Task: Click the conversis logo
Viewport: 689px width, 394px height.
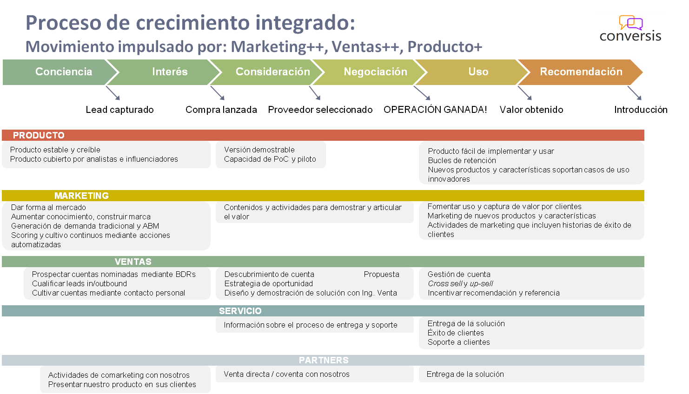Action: [630, 29]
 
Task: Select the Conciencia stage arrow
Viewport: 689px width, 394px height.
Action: [64, 72]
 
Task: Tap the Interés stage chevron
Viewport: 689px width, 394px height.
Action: [170, 72]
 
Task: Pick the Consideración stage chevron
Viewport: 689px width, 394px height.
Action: [273, 72]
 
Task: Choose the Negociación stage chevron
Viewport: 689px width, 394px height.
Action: [375, 72]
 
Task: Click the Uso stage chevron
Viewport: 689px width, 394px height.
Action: [478, 72]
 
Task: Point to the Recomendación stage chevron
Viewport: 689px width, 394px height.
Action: [581, 72]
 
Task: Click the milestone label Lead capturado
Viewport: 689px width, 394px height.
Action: [119, 110]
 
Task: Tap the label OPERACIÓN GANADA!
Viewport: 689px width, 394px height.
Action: [435, 110]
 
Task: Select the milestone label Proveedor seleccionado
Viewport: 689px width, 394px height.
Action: [320, 110]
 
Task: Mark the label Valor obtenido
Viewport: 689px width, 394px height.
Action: [531, 110]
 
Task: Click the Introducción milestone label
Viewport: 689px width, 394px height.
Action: [641, 110]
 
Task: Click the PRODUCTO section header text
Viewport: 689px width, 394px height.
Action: [39, 136]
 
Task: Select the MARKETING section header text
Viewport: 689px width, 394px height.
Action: [81, 196]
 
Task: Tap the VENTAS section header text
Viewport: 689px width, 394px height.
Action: [133, 262]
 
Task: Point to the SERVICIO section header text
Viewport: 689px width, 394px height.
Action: [240, 311]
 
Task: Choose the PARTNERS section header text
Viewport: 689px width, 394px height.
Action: [324, 361]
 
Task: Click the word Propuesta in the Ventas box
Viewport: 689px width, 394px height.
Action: [381, 275]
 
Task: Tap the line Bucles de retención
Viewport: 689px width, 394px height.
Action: [462, 161]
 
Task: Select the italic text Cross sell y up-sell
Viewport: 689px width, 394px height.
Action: [460, 284]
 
